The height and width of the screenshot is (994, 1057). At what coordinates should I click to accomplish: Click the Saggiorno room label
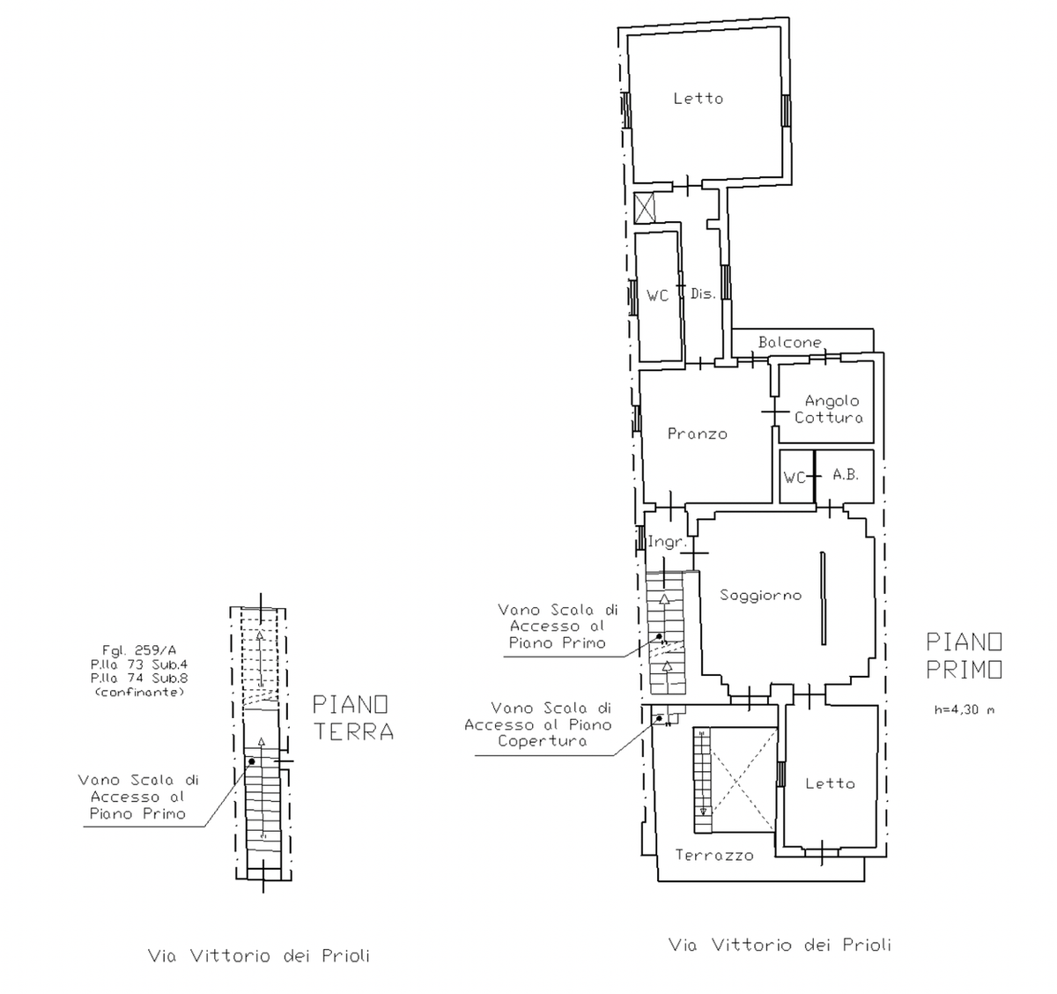pyautogui.click(x=760, y=596)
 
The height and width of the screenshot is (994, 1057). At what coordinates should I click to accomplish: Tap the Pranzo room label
pyautogui.click(x=698, y=434)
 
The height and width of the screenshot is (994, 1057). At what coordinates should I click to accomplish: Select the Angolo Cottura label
pyautogui.click(x=829, y=409)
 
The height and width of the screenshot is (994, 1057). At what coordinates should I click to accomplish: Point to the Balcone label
pyautogui.click(x=790, y=343)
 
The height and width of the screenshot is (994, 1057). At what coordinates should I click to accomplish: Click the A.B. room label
pyautogui.click(x=846, y=475)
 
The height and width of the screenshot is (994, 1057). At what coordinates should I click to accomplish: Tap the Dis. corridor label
pyautogui.click(x=703, y=293)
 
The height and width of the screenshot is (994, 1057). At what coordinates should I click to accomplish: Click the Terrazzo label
pyautogui.click(x=714, y=856)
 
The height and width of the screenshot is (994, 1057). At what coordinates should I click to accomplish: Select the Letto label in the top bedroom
pyautogui.click(x=699, y=99)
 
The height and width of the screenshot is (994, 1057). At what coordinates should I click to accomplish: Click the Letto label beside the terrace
pyautogui.click(x=830, y=783)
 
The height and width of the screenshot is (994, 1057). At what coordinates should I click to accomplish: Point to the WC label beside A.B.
pyautogui.click(x=795, y=478)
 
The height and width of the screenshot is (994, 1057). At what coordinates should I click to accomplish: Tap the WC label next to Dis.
pyautogui.click(x=657, y=295)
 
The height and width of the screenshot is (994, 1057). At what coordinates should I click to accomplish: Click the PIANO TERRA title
pyautogui.click(x=353, y=718)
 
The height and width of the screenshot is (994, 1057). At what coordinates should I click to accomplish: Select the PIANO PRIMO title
pyautogui.click(x=964, y=656)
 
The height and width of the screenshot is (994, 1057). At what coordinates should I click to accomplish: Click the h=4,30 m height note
pyautogui.click(x=964, y=710)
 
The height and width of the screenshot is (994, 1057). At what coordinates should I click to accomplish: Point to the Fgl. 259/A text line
pyautogui.click(x=139, y=649)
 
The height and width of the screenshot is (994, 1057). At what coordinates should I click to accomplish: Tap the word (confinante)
pyautogui.click(x=139, y=693)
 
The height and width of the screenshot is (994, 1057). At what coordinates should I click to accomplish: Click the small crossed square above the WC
pyautogui.click(x=645, y=208)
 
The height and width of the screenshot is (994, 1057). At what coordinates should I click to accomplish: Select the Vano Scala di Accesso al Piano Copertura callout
pyautogui.click(x=538, y=725)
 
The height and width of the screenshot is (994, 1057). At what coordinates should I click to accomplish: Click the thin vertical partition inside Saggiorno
pyautogui.click(x=823, y=598)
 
